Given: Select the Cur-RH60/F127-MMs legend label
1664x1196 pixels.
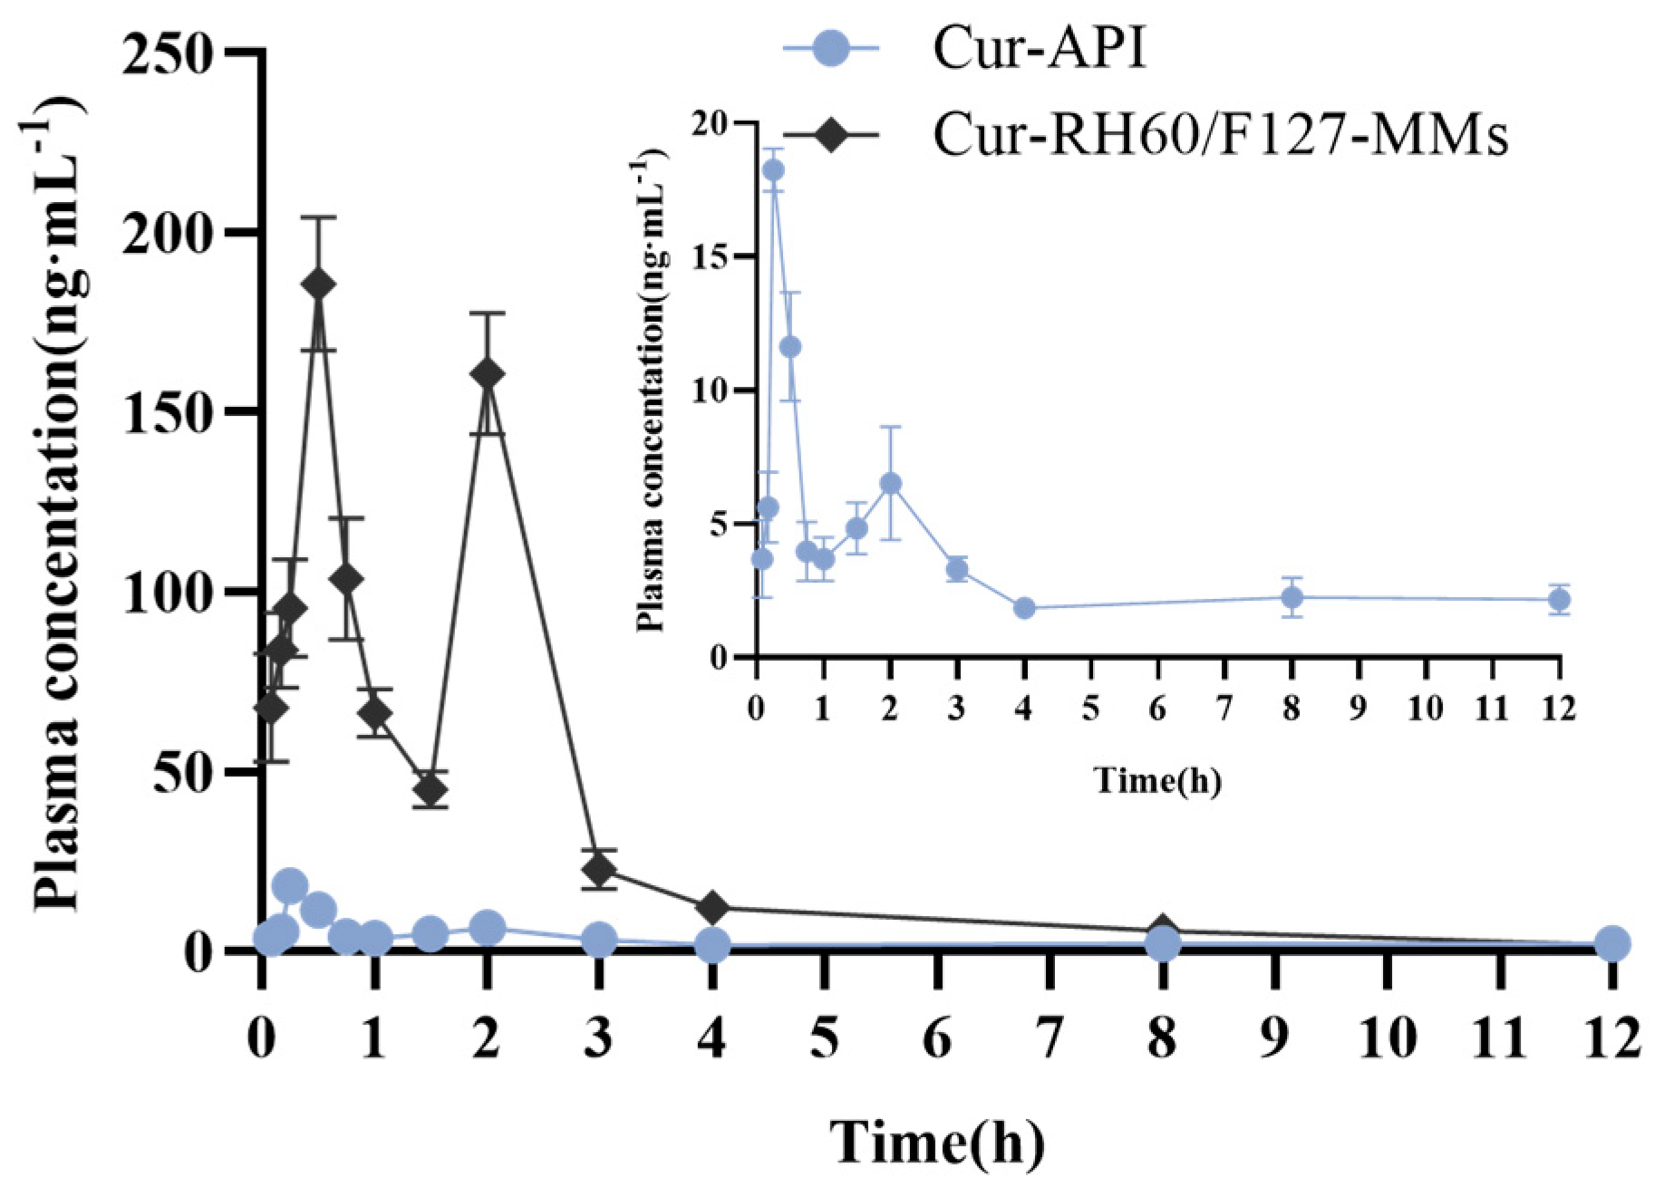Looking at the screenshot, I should [x=1220, y=135].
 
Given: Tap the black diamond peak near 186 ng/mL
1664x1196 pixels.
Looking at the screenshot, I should [x=317, y=285].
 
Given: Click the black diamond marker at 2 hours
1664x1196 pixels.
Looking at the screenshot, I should [x=487, y=373].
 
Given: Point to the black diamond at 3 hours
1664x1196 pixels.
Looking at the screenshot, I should [x=599, y=870].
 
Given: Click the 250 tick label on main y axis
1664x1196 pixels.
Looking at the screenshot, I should [x=168, y=56].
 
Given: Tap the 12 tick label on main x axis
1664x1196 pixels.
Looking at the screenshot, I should [x=1609, y=1037].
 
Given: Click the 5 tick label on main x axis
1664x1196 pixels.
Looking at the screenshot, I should [x=824, y=1037].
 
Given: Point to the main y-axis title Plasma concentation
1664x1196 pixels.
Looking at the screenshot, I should [x=56, y=507].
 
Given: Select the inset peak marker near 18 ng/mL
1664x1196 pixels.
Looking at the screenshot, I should [x=773, y=170].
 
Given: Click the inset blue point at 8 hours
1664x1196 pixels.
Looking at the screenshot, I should [x=1292, y=597].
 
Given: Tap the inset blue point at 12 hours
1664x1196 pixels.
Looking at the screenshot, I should [x=1559, y=599].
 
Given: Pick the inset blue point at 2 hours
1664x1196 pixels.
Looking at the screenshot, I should [x=890, y=484].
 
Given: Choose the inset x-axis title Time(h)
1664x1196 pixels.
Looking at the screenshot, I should [x=1157, y=779].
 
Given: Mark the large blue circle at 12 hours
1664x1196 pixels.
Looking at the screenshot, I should [x=1611, y=943].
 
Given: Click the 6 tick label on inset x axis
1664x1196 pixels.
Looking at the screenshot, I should [x=1157, y=708].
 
